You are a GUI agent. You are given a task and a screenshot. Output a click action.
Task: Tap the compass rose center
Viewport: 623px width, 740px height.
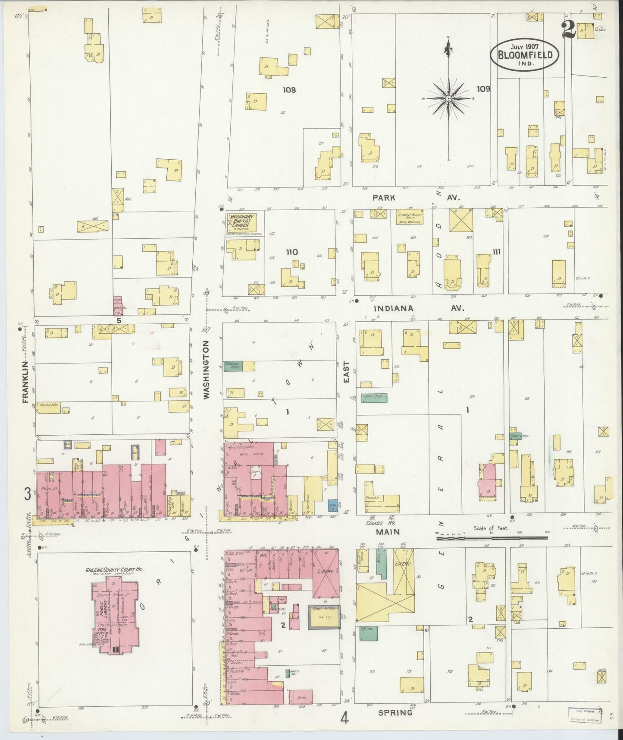click(448, 99)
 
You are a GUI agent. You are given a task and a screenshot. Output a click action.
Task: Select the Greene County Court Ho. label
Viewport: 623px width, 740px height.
click(113, 569)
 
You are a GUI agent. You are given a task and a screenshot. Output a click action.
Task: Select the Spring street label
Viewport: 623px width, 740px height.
click(395, 713)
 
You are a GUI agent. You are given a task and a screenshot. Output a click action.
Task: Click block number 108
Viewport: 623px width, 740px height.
click(289, 90)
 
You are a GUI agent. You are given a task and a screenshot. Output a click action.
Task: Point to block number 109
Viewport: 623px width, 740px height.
click(483, 89)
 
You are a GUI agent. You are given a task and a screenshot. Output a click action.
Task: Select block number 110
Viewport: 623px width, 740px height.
click(292, 252)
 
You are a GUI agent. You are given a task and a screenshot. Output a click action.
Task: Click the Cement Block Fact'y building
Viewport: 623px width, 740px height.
click(409, 217)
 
